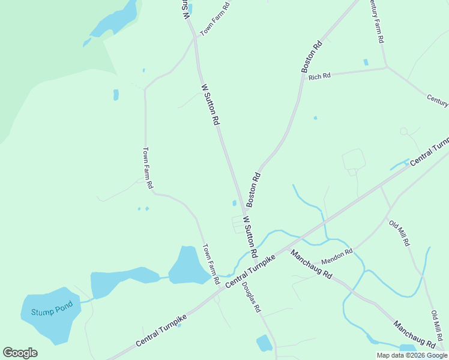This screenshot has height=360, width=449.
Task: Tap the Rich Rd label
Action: click(x=319, y=76)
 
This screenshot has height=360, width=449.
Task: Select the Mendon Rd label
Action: click(x=337, y=257)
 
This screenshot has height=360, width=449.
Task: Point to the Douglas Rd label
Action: click(x=252, y=297)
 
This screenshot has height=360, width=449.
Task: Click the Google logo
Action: click(x=20, y=353)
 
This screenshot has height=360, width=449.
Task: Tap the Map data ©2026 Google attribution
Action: click(x=412, y=355)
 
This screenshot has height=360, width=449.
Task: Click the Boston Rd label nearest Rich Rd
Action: click(x=312, y=57)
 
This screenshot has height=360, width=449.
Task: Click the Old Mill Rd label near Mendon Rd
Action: click(x=399, y=234)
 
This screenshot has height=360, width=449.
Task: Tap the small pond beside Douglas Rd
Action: click(x=264, y=343)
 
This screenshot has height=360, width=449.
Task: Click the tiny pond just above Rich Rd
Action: click(x=366, y=62)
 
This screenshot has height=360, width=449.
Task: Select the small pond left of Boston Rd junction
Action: click(x=234, y=203)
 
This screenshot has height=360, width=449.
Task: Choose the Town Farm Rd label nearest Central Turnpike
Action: click(x=211, y=264)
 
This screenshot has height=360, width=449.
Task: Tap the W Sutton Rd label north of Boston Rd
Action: click(x=210, y=104)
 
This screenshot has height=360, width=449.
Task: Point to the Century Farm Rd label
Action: click(x=375, y=21)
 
